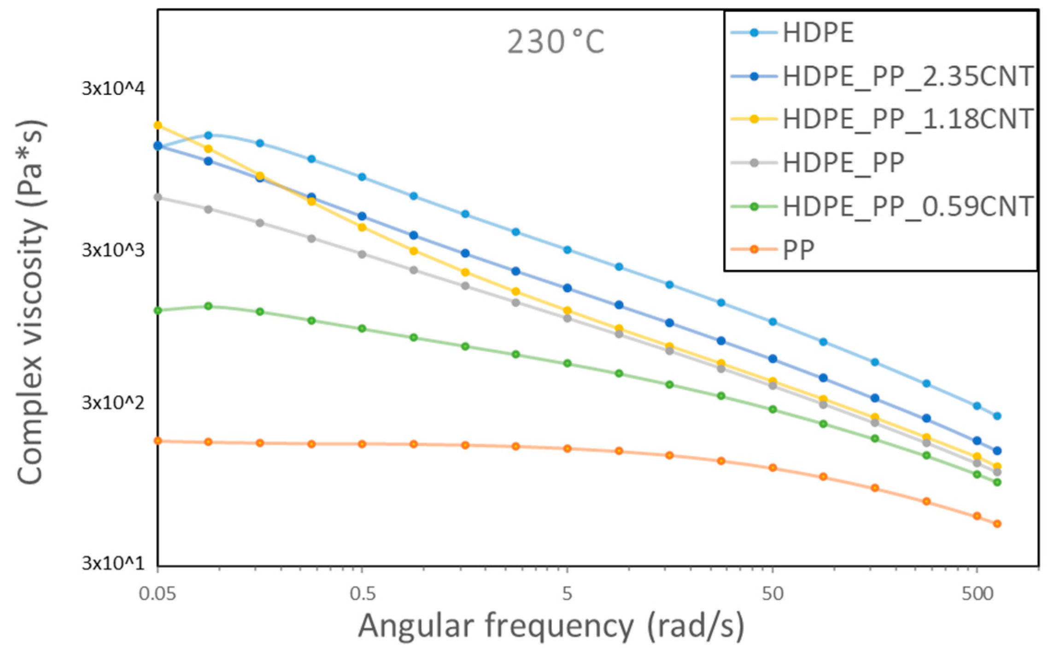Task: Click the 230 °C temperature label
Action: pyautogui.click(x=555, y=42)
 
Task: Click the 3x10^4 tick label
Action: pyautogui.click(x=113, y=88)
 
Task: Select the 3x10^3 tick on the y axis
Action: pyautogui.click(x=113, y=251)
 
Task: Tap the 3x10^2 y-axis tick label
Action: pyautogui.click(x=113, y=403)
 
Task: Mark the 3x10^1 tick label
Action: pyautogui.click(x=113, y=563)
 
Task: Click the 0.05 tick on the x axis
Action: pyautogui.click(x=158, y=594)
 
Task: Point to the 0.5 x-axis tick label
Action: pyautogui.click(x=363, y=594)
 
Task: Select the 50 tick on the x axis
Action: pyautogui.click(x=773, y=594)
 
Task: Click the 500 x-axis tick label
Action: pyautogui.click(x=977, y=594)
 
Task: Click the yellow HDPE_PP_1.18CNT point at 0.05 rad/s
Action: pyautogui.click(x=158, y=125)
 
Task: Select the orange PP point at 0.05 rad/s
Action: pyautogui.click(x=158, y=441)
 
